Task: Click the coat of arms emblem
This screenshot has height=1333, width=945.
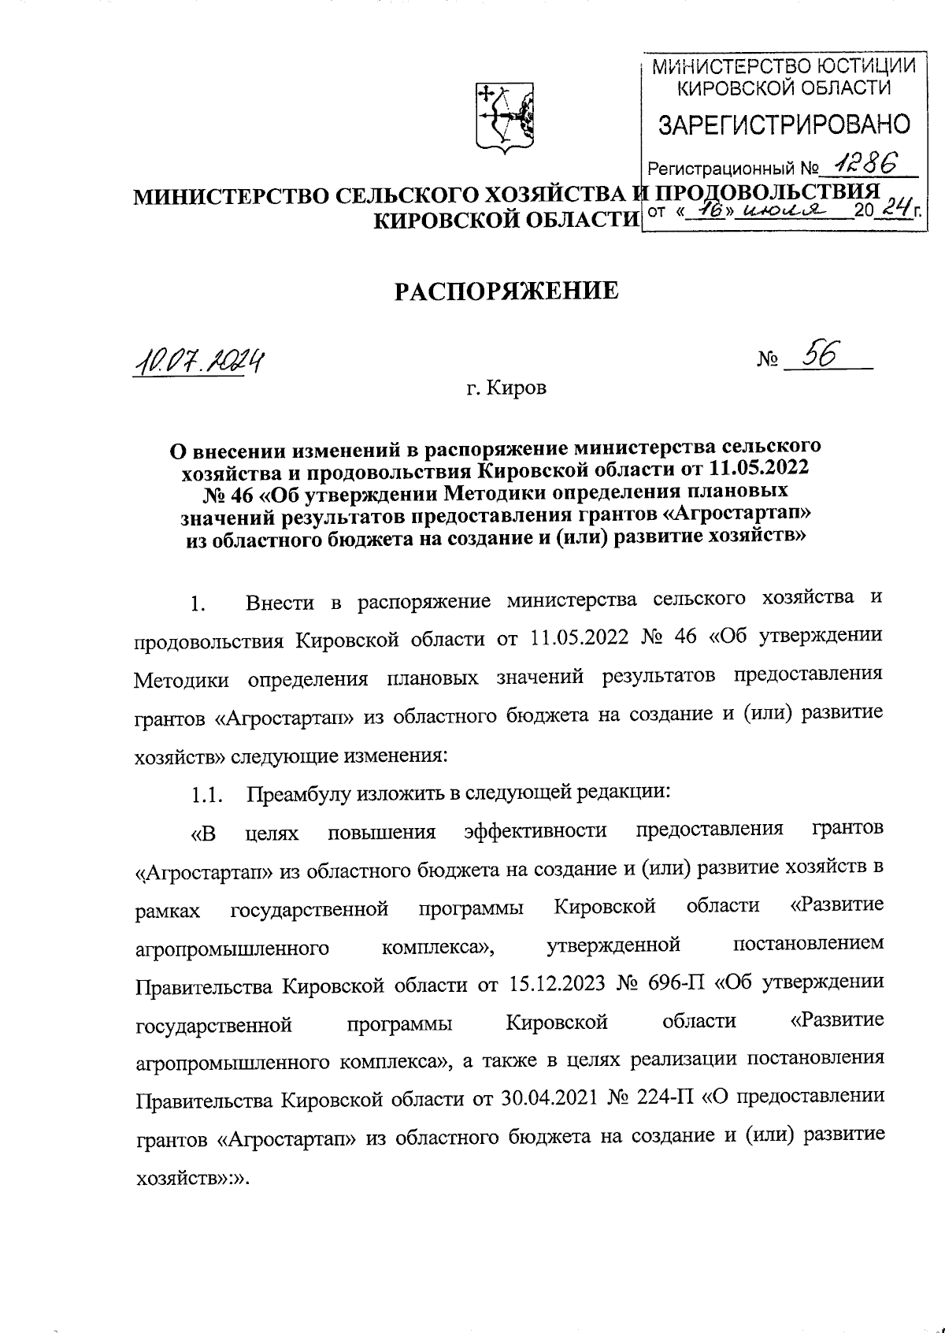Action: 505,118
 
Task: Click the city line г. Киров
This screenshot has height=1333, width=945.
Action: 506,388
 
